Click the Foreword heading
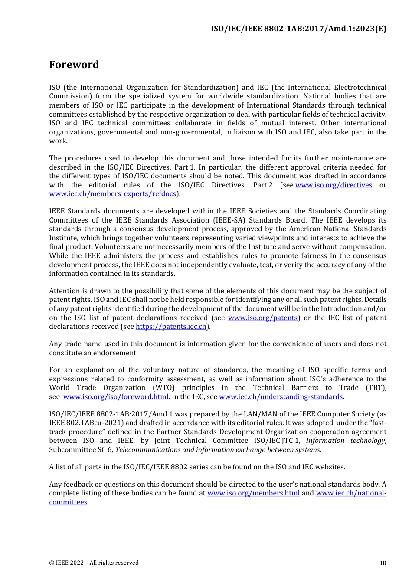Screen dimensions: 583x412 tap(74, 65)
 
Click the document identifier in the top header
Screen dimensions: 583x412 tap(298, 29)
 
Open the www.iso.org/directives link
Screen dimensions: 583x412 tap(334, 185)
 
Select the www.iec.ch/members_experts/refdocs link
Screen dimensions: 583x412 tap(113, 194)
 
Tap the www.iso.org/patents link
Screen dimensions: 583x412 tap(263, 318)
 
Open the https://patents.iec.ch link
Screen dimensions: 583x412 tap(171, 327)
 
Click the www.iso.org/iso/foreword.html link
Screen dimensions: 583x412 tap(116, 397)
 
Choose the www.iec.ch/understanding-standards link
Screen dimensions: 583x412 tap(281, 397)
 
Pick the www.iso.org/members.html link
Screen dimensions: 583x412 tap(253, 493)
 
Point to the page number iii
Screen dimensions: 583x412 tap(383, 563)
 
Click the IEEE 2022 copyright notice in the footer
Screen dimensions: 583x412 tap(94, 563)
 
